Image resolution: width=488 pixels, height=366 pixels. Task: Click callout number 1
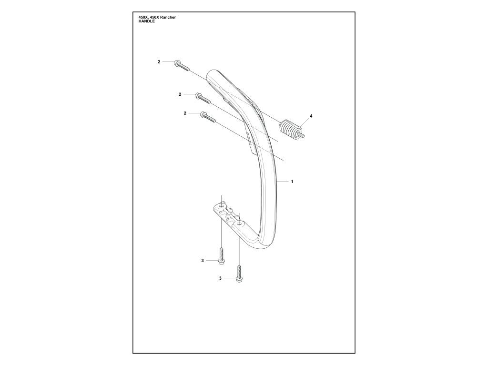click(x=292, y=182)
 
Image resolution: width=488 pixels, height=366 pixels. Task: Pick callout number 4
click(x=311, y=116)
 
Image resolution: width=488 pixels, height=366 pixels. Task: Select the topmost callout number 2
click(x=159, y=62)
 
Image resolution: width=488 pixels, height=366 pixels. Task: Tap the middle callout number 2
click(x=180, y=94)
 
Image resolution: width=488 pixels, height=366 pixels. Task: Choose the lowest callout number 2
click(x=184, y=113)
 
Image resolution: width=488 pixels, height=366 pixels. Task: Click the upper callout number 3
click(x=203, y=260)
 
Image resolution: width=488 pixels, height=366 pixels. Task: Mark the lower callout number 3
click(x=220, y=278)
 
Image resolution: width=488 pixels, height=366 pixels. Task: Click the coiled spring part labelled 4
click(x=288, y=128)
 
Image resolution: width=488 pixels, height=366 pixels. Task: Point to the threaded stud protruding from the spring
click(x=301, y=135)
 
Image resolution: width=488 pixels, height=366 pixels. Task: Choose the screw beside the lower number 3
click(x=239, y=273)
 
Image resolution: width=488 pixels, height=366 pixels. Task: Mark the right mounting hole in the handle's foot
click(x=239, y=223)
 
